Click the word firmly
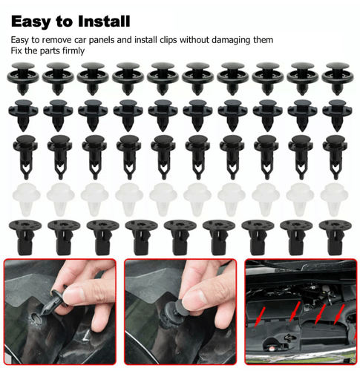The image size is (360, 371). [x=72, y=50]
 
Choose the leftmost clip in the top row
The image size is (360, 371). [x=22, y=75]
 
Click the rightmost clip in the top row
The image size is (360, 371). [x=336, y=75]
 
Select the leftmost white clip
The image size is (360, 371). [x=22, y=196]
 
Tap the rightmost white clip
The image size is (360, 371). [x=336, y=196]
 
